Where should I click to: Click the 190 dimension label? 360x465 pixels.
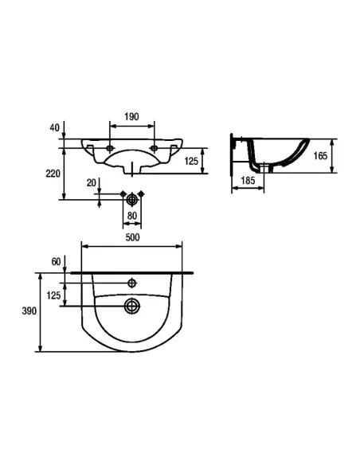131,116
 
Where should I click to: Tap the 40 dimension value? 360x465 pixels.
55,128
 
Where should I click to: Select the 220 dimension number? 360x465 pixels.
53,174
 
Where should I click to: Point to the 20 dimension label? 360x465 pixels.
92,183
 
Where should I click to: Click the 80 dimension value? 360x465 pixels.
132,216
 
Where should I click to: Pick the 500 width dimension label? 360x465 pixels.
132,237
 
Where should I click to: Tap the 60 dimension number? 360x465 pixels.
56,261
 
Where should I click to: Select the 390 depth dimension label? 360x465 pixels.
29,311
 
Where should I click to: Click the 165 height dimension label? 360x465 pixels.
320,156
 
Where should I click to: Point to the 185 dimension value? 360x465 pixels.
248,180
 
